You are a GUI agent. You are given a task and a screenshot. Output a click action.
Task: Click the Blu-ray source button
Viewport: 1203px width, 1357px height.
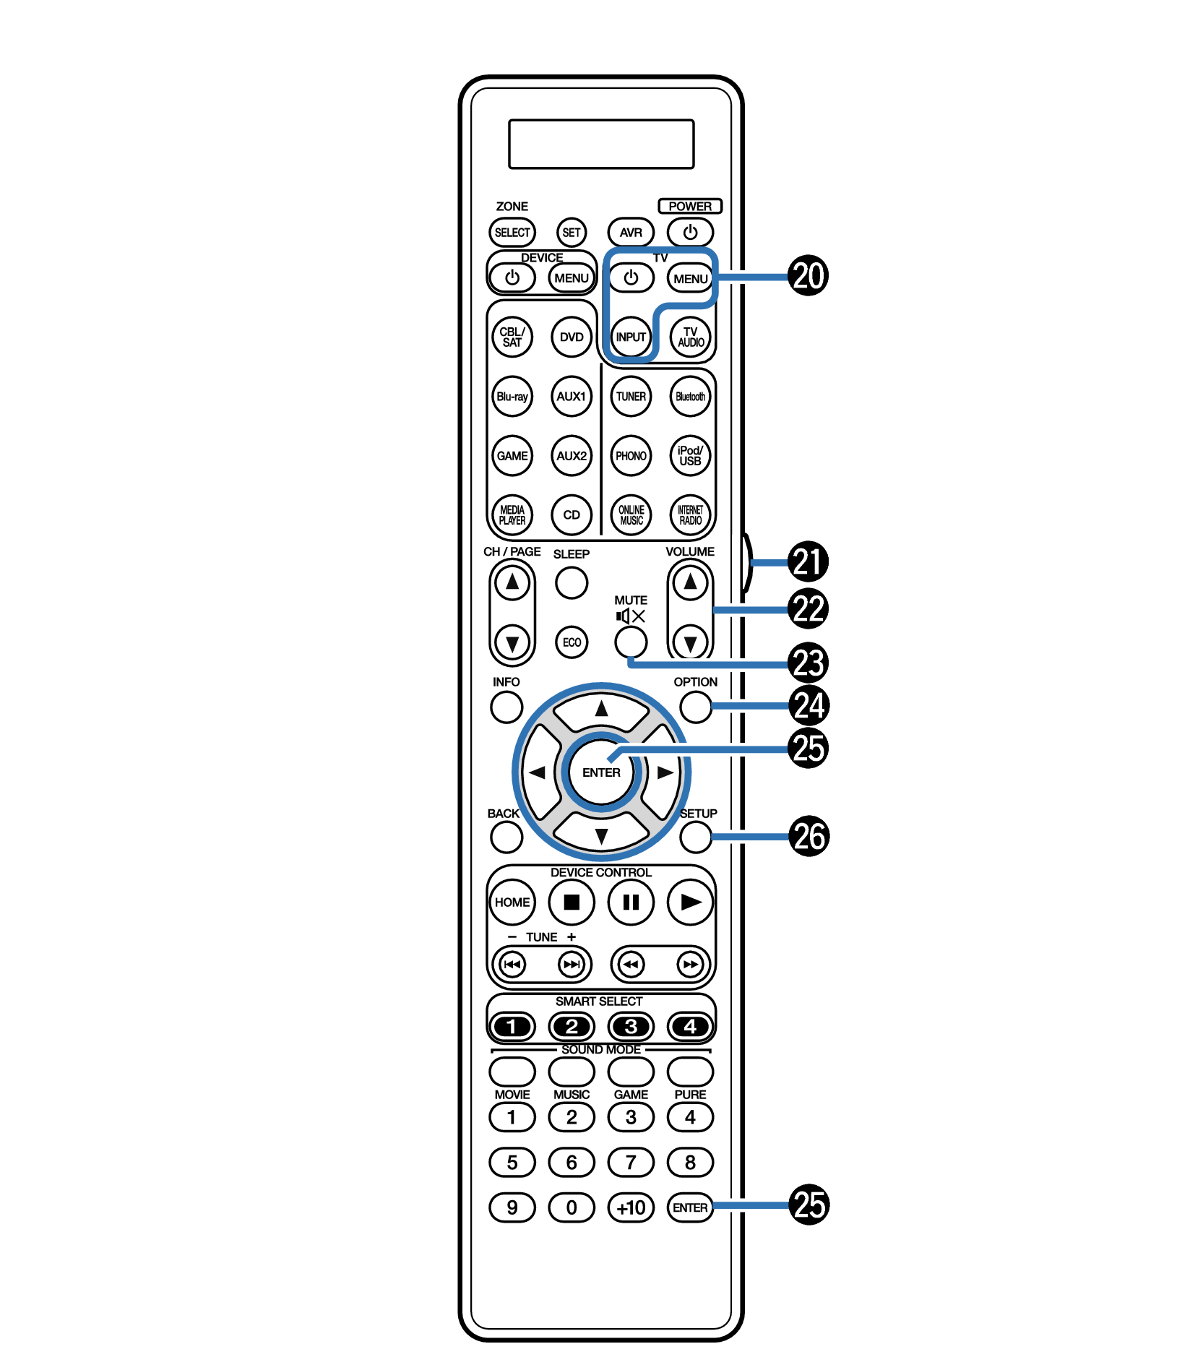[512, 397]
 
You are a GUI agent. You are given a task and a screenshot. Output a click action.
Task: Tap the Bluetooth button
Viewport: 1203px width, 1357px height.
[690, 397]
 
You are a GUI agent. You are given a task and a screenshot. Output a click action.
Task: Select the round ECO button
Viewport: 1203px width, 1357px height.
[572, 642]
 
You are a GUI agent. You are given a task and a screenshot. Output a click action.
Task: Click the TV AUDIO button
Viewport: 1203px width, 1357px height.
[691, 337]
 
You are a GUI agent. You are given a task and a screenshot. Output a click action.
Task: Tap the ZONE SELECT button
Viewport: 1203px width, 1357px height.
[512, 233]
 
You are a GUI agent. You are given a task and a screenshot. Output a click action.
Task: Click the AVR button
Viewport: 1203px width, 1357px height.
[631, 233]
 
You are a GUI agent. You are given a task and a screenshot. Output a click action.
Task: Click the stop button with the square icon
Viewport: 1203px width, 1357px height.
[572, 902]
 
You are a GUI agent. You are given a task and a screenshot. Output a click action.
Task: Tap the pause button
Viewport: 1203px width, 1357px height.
[631, 902]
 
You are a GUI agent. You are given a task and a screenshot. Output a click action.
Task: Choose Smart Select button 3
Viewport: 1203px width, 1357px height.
[631, 1026]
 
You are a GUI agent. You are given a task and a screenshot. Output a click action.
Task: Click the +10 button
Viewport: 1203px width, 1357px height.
[631, 1207]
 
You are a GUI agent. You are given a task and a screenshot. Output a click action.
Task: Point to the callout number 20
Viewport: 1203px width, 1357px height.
[808, 276]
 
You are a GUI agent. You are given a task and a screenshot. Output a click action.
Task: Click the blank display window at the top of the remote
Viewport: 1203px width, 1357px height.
[601, 145]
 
